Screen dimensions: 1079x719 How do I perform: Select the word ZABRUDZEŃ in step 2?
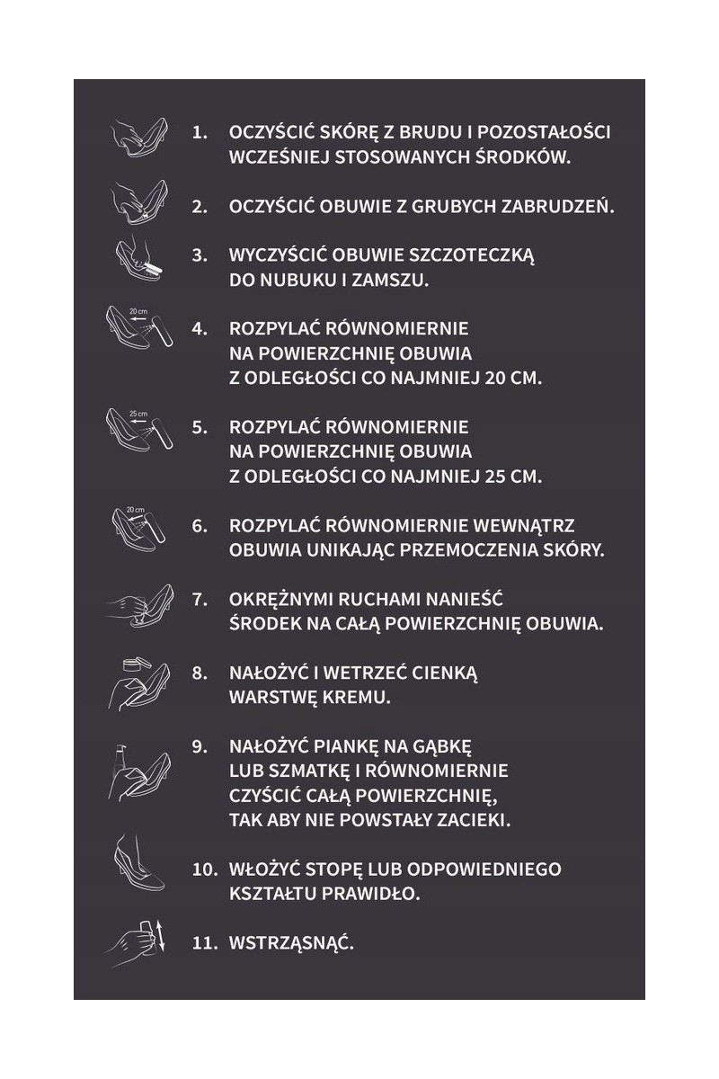point(562,206)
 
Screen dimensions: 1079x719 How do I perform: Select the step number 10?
point(205,869)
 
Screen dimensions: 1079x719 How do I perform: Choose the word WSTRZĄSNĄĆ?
point(291,944)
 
